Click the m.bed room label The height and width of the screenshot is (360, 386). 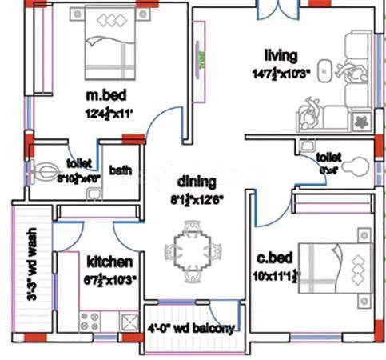(104, 97)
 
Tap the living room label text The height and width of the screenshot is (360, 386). (281, 55)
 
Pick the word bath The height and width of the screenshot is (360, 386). (121, 170)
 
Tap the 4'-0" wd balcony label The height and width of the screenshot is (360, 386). (192, 329)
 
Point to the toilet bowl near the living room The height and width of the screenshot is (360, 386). (360, 167)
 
